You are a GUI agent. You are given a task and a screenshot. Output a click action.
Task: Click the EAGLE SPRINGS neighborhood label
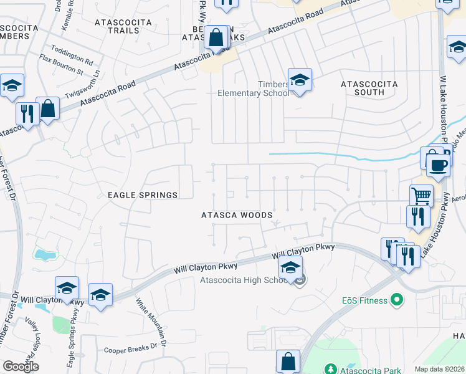[x=143, y=195]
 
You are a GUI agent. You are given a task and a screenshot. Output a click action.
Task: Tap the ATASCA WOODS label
[x=237, y=215]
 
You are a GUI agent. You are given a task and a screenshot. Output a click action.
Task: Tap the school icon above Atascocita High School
[x=290, y=269]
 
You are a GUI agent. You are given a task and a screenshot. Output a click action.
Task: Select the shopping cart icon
[x=422, y=196]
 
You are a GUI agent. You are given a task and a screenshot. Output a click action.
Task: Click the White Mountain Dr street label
[x=151, y=322]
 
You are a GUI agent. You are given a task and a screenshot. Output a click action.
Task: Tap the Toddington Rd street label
[x=72, y=57]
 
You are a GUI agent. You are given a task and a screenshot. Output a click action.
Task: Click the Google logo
[x=21, y=367]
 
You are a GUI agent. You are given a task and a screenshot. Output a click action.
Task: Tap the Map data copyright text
[x=439, y=369]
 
